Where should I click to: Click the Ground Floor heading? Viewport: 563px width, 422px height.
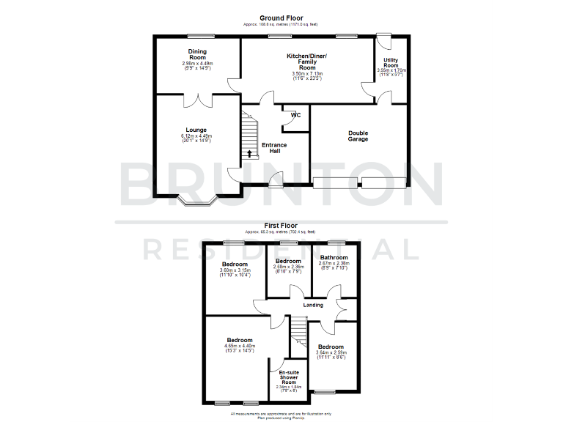(281, 18)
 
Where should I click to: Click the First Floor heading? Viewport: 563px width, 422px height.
(281, 226)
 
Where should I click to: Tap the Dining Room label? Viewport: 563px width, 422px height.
(197, 54)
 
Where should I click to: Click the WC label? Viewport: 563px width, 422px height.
(295, 115)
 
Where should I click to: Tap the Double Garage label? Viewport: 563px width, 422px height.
(358, 136)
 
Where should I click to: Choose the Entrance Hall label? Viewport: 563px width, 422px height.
(275, 148)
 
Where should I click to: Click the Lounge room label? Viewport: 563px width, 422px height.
(196, 130)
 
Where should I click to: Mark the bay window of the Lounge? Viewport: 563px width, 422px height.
(199, 201)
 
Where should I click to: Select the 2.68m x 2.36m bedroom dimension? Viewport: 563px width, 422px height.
(288, 267)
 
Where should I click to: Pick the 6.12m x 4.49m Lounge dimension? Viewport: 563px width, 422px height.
(196, 136)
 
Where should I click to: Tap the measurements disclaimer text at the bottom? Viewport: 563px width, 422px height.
(281, 415)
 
